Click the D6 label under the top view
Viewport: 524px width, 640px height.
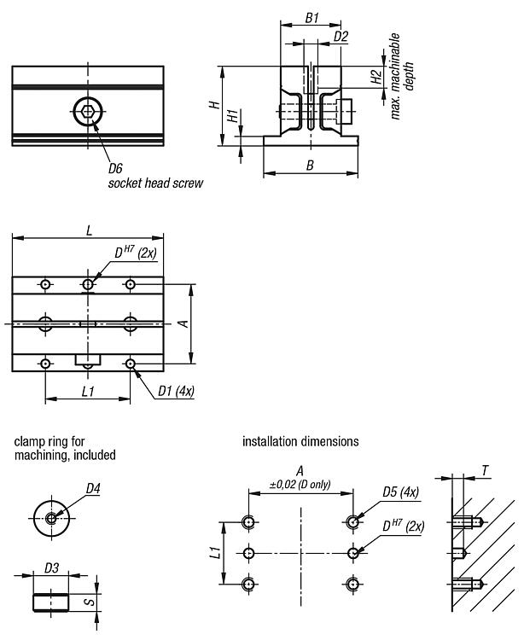116,167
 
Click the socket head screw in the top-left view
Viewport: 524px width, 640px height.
85,110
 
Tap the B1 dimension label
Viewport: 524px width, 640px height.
311,17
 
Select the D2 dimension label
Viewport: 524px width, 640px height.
341,37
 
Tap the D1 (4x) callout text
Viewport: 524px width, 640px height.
175,392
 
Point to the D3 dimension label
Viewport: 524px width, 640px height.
51,567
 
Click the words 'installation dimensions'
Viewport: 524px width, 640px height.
300,442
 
